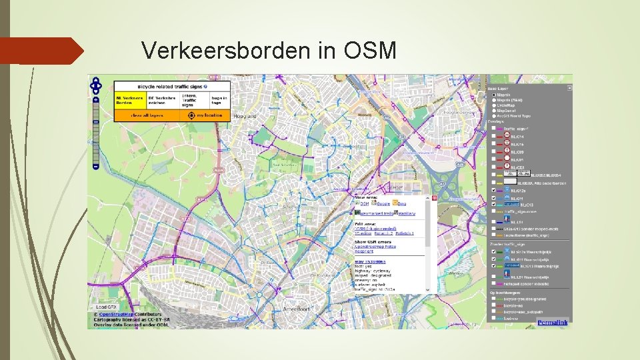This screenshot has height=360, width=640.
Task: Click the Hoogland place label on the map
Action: [x=245, y=116]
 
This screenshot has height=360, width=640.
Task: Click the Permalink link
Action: [x=554, y=323]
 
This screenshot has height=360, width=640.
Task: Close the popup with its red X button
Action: [x=434, y=198]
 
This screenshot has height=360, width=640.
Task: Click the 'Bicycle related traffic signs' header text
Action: [x=171, y=87]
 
